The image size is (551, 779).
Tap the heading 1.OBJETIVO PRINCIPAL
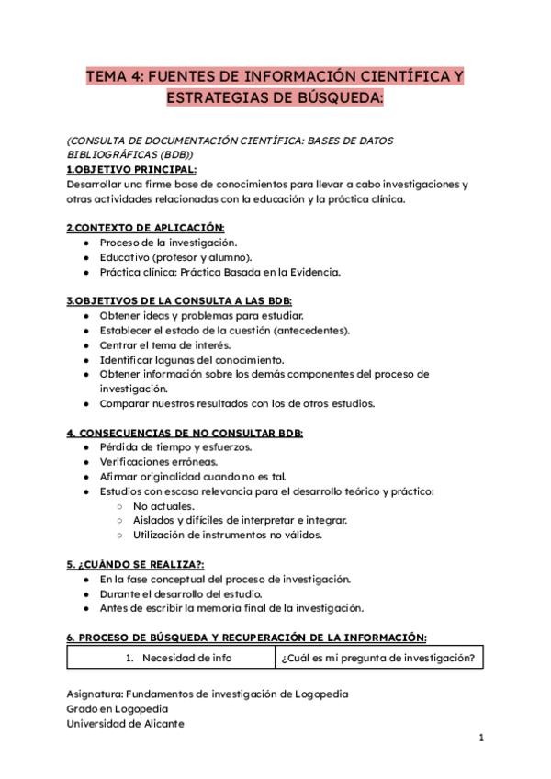131,170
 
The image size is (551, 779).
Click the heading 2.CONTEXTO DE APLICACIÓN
145,227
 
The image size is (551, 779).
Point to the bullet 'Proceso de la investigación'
168,243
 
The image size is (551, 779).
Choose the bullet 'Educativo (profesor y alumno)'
175,257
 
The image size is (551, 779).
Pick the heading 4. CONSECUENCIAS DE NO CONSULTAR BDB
185,433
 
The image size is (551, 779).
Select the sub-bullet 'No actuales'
163,506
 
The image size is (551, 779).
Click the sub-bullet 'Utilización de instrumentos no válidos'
227,536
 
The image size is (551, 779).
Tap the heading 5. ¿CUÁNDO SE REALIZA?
135,564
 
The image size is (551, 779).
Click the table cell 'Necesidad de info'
179,658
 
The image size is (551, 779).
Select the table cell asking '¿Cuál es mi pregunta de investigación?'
377,658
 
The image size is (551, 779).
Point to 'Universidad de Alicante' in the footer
125,723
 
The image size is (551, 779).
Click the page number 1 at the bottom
481,738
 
